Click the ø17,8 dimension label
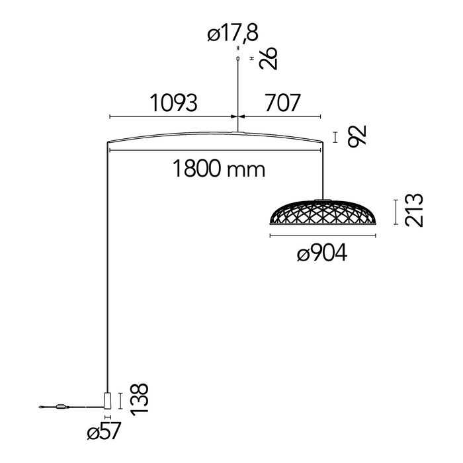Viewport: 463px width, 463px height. pos(233,33)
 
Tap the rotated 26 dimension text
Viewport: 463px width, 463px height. pos(269,58)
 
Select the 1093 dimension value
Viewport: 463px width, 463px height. pos(173,103)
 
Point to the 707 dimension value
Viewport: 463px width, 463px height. pos(282,103)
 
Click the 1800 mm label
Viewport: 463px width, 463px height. pos(219,169)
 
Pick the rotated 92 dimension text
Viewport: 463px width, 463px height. pos(357,136)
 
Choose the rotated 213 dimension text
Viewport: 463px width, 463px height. pos(414,210)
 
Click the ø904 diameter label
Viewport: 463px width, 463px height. pos(322,253)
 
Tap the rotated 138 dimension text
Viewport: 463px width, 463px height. pos(139,400)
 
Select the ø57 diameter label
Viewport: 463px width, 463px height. pos(105,431)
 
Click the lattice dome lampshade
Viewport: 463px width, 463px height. pos(323,212)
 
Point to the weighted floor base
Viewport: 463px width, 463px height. pos(108,401)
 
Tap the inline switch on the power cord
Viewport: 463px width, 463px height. pos(62,407)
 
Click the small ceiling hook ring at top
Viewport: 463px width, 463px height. pos(238,58)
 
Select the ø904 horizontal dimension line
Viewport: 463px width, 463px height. pos(323,235)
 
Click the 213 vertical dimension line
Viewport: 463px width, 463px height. pos(396,212)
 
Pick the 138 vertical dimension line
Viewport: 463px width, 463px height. pos(120,401)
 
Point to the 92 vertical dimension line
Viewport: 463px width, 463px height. pos(335,138)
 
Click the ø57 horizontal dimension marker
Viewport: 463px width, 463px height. pos(108,417)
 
